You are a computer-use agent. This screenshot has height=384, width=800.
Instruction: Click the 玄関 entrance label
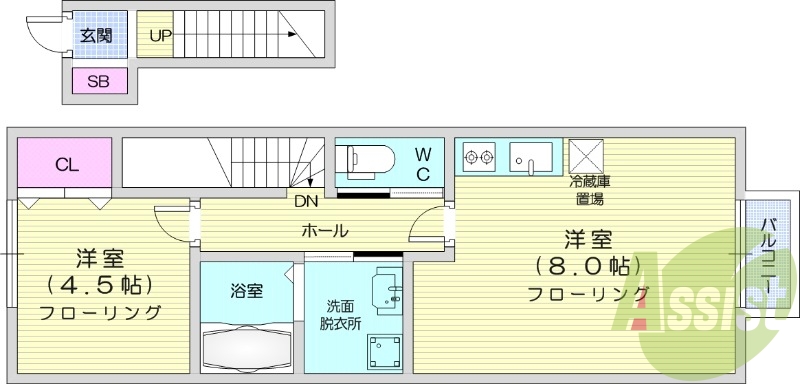pyautogui.click(x=96, y=37)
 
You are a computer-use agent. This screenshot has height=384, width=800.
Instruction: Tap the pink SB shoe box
pyautogui.click(x=99, y=82)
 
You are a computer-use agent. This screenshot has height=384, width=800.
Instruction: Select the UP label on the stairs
pyautogui.click(x=159, y=37)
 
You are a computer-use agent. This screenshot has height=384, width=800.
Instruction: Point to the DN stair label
pyautogui.click(x=307, y=200)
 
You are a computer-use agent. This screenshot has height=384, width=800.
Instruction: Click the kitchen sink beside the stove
pyautogui.click(x=531, y=156)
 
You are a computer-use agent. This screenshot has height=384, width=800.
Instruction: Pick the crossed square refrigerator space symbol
pyautogui.click(x=585, y=156)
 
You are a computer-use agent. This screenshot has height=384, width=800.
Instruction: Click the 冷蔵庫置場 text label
pyautogui.click(x=590, y=190)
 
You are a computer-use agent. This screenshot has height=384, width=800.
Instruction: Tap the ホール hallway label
pyautogui.click(x=325, y=231)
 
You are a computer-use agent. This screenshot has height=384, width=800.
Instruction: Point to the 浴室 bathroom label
pyautogui.click(x=246, y=292)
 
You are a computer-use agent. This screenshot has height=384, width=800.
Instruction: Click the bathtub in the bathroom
pyautogui.click(x=246, y=347)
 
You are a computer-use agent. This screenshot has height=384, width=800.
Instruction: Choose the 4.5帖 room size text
pyautogui.click(x=99, y=283)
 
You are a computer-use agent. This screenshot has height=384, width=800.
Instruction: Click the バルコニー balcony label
pyautogui.click(x=767, y=255)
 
